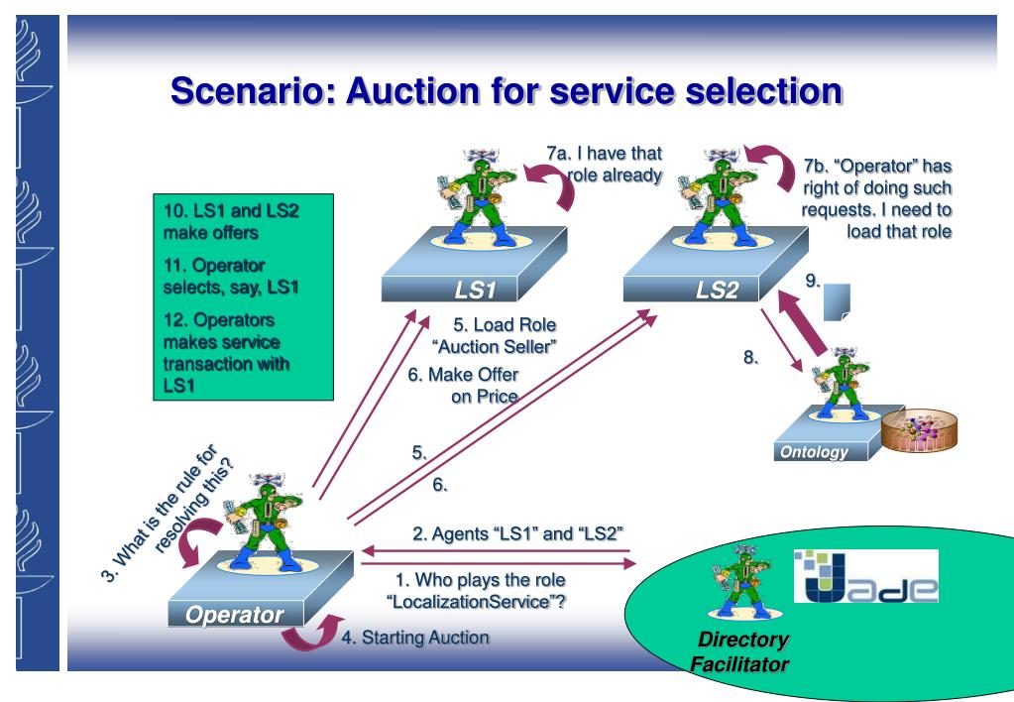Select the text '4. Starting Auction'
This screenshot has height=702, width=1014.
[x=414, y=638]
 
